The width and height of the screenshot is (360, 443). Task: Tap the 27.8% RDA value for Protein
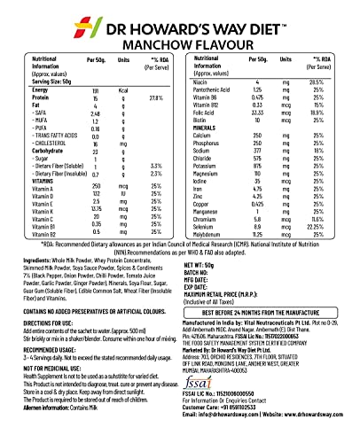click(156, 121)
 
